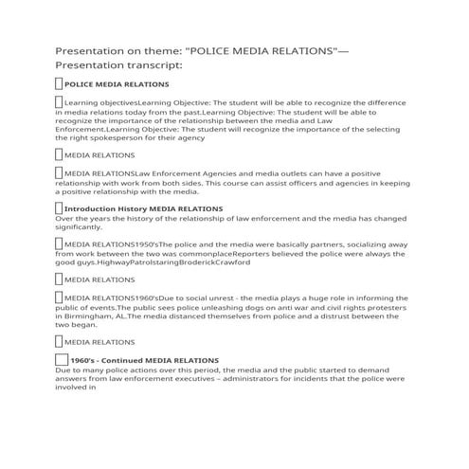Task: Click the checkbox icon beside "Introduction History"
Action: click(59, 207)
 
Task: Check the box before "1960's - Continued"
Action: click(63, 360)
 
